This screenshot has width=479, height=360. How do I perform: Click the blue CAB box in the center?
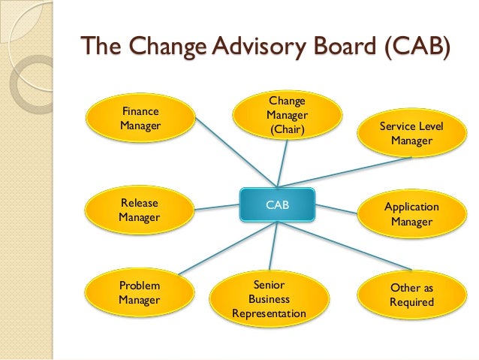tap(277, 204)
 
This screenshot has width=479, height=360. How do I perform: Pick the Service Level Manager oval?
tap(411, 134)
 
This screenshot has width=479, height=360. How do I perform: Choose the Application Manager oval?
tap(411, 214)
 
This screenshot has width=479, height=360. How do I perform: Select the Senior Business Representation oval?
tap(269, 298)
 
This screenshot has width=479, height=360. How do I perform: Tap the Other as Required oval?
tap(411, 295)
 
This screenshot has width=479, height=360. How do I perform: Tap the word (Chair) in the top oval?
tap(287, 130)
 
